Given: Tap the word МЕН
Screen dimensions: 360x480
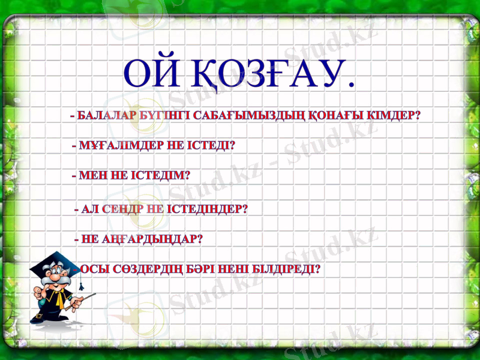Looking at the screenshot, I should coord(91,176).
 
